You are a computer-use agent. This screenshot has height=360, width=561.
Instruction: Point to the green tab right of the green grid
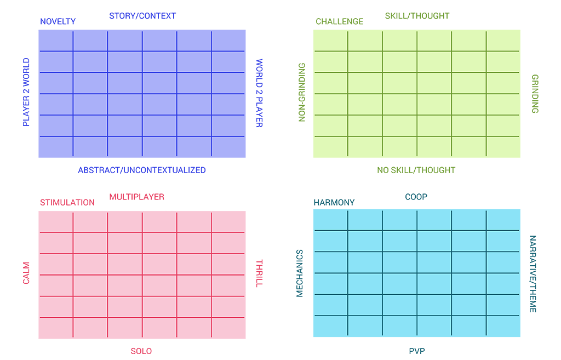(533, 93)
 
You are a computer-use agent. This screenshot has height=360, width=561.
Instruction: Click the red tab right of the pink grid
(267, 266)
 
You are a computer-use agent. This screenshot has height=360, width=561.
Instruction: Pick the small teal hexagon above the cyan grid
(419, 194)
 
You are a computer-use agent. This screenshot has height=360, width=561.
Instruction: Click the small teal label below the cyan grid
(416, 349)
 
